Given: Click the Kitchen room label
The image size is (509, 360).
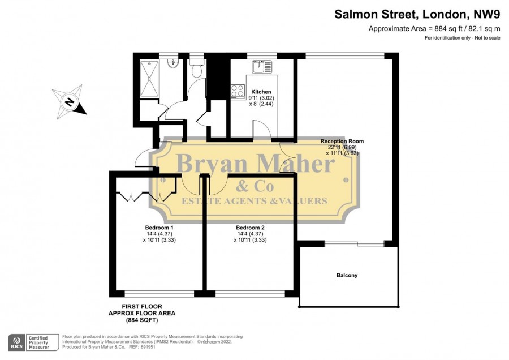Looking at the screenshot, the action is (x=261, y=92).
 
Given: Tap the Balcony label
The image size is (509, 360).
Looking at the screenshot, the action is (x=347, y=275).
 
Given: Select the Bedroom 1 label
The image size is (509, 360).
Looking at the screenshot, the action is (x=159, y=228).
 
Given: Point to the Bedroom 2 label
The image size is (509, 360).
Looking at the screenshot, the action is (x=250, y=228).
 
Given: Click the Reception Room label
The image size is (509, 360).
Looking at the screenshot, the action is (x=342, y=142).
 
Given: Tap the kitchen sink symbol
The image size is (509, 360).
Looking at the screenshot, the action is (x=262, y=67).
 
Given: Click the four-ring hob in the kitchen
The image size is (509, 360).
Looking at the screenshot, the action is (x=238, y=91).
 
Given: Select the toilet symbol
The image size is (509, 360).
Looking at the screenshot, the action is (x=197, y=67).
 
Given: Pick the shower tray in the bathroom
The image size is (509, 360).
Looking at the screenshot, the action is (x=149, y=79).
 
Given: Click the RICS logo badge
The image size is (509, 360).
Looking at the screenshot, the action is (x=17, y=342).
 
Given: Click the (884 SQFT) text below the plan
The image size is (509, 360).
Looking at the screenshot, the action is (x=142, y=320).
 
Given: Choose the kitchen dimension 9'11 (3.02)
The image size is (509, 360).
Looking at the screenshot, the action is (x=261, y=98).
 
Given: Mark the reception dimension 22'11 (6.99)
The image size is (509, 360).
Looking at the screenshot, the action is (x=342, y=147).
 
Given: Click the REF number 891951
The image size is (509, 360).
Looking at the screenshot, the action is (x=148, y=347).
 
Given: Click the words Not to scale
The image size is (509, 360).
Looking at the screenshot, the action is (x=488, y=38).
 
